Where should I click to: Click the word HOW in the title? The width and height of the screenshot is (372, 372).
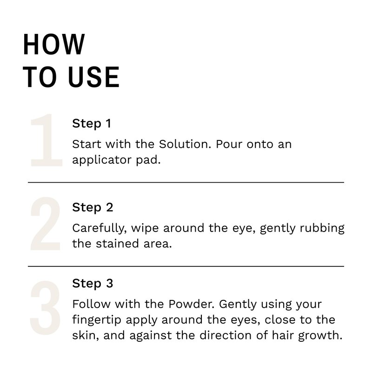click(x=54, y=44)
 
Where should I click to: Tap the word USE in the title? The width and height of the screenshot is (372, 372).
click(x=94, y=77)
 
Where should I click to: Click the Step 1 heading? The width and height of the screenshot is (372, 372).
click(x=92, y=124)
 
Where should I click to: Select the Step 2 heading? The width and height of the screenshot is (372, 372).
click(x=93, y=207)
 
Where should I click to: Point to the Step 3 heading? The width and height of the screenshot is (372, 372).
click(x=93, y=283)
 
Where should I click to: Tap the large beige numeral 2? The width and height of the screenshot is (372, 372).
click(x=45, y=224)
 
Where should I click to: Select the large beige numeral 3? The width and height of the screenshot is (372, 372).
click(x=45, y=307)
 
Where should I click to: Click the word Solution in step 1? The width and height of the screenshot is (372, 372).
click(x=185, y=144)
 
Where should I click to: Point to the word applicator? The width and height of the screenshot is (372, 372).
click(x=102, y=160)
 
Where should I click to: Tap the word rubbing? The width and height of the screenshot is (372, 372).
click(x=322, y=228)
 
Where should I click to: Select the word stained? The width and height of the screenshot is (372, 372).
click(x=117, y=244)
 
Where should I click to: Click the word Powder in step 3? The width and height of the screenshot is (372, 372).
click(x=192, y=304)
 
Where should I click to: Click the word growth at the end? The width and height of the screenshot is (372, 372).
click(x=320, y=336)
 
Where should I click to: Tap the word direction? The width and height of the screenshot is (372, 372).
click(x=226, y=335)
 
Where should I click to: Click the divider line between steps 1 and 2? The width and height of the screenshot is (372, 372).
click(x=186, y=182)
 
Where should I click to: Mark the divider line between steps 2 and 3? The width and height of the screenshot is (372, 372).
click(x=186, y=266)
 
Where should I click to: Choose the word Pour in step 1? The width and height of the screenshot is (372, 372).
click(x=229, y=144)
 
